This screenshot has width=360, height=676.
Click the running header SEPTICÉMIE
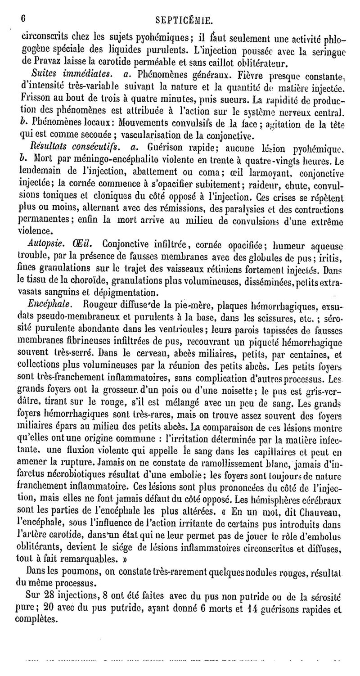click(183, 20)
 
